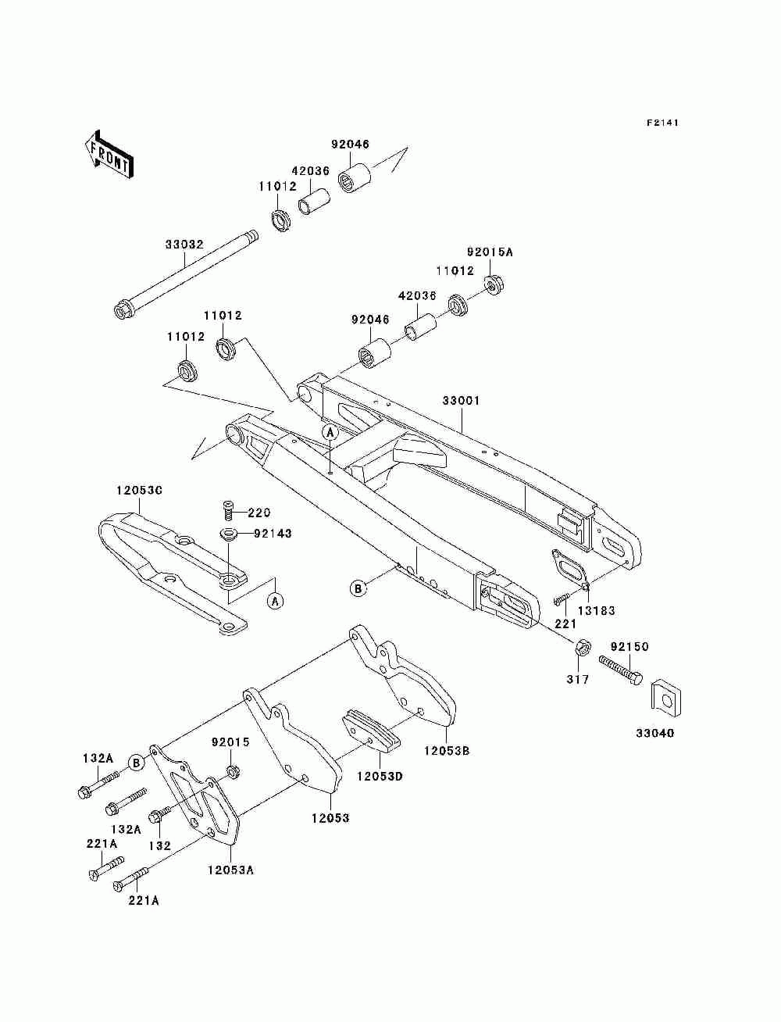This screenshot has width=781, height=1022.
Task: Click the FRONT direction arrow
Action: point(109,154)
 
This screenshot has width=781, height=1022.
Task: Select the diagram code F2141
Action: point(662,123)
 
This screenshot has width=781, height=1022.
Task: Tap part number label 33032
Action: point(184,245)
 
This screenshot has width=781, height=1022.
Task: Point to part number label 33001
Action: point(461,400)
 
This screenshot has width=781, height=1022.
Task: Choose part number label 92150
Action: point(629,647)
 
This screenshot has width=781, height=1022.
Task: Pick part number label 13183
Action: point(596,610)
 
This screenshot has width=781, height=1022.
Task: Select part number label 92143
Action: point(273,533)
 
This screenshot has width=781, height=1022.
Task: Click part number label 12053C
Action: point(139,490)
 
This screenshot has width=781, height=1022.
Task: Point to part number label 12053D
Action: point(380,776)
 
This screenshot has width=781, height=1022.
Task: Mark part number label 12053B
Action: point(447,751)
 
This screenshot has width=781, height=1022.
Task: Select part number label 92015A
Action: point(490,252)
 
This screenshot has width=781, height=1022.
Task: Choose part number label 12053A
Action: point(231,870)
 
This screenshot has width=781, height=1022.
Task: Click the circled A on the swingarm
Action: point(330,433)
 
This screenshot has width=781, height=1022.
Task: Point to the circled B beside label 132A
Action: point(136,763)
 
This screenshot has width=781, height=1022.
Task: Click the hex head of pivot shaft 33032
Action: point(124,309)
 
